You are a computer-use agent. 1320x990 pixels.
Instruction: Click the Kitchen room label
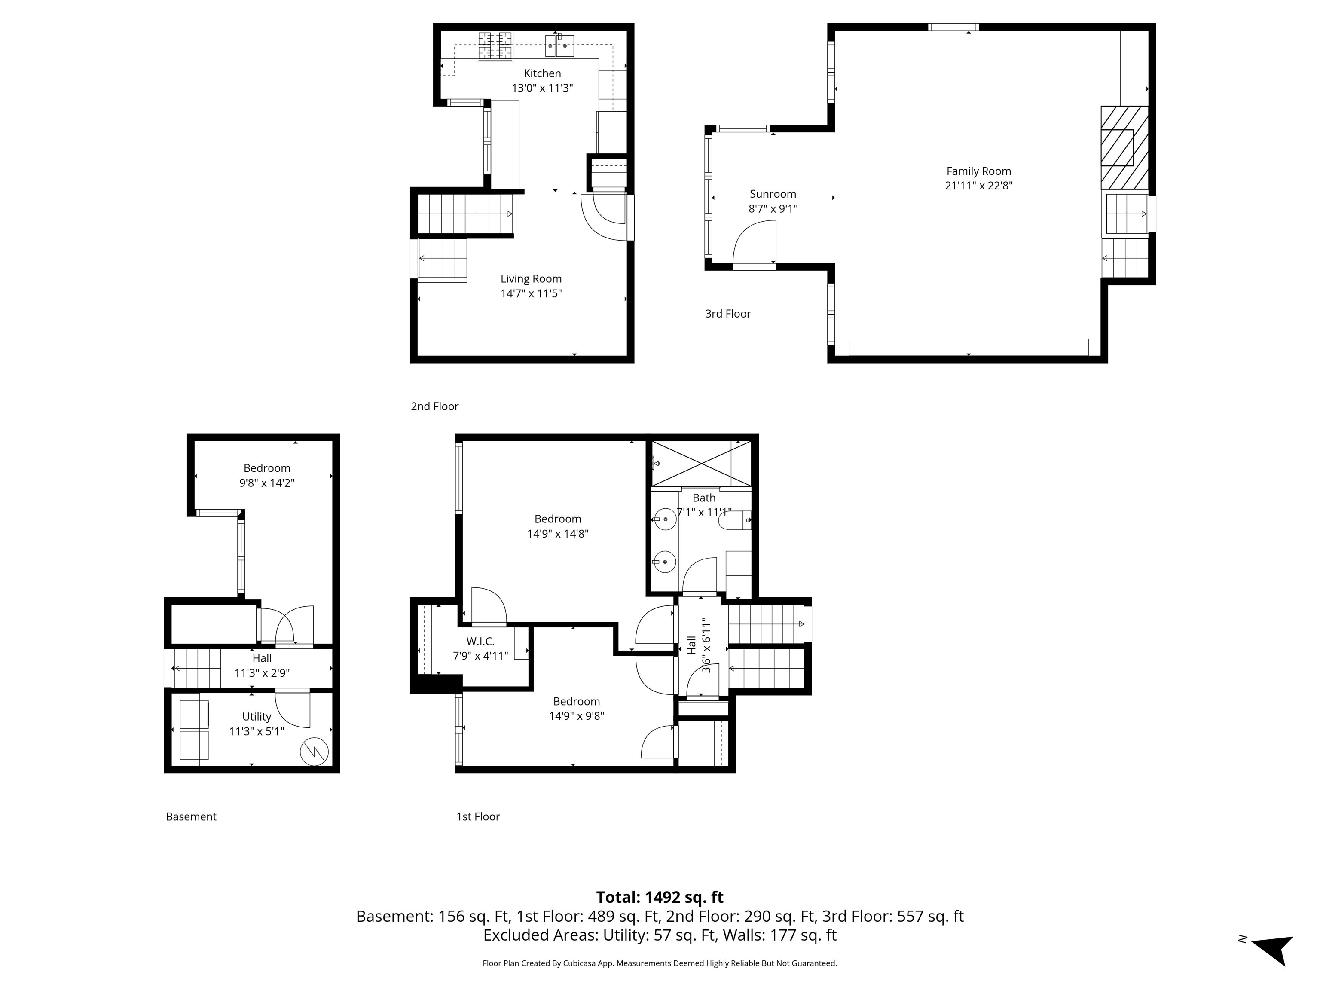point(542,73)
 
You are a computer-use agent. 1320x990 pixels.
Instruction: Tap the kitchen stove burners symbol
point(495,46)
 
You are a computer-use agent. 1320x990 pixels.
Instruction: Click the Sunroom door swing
point(755,241)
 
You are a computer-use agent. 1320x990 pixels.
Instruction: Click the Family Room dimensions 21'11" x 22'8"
point(979,186)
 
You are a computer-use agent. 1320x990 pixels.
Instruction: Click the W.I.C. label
point(480,642)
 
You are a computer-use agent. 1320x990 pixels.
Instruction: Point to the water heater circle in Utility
point(314,752)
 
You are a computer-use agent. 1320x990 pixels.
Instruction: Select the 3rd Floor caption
point(727,314)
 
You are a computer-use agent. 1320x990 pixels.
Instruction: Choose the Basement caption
point(191,816)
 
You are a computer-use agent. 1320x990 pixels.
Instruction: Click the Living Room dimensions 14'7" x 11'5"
point(531,293)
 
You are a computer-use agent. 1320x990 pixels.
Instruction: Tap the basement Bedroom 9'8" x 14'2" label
point(267,475)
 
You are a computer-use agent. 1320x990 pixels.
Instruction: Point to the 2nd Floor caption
point(434,406)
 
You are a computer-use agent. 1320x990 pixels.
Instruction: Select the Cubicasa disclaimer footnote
point(660,962)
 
